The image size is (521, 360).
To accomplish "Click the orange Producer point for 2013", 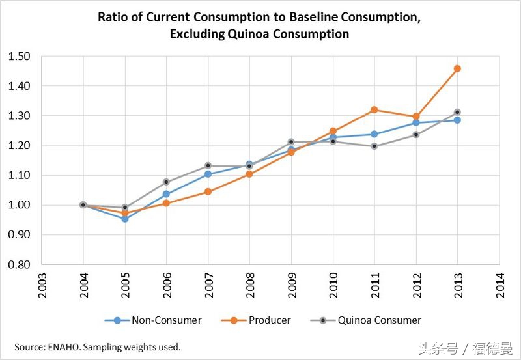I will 457,68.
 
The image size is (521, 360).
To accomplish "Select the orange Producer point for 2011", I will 374,110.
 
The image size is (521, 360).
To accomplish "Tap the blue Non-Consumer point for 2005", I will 125,219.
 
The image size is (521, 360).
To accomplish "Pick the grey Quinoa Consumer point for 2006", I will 167,182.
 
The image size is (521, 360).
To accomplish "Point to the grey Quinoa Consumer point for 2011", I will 374,146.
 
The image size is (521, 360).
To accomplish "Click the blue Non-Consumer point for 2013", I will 457,120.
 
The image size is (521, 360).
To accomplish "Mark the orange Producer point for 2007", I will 208,191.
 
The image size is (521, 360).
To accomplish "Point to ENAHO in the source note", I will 66,346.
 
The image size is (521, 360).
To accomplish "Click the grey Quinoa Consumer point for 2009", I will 291,142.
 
